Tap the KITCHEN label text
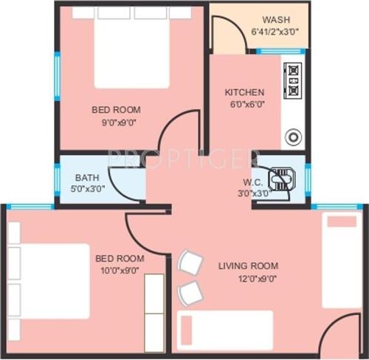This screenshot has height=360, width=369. point(244,92)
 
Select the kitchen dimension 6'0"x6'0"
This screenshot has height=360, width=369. point(244,105)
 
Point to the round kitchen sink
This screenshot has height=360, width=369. point(293,136)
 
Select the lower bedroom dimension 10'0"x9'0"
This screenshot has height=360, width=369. point(120,271)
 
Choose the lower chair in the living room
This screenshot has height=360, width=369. point(190,292)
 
